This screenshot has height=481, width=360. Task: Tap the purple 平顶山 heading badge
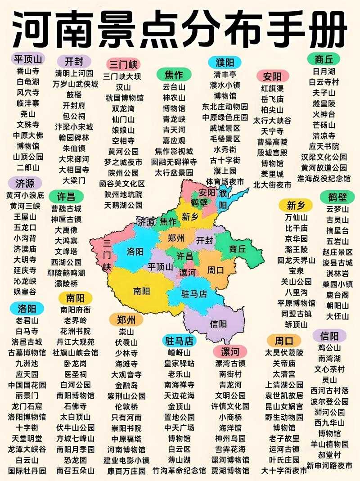pyautogui.click(x=28, y=59)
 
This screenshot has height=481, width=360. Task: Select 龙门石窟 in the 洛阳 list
pyautogui.click(x=27, y=406)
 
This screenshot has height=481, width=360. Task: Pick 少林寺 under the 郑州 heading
pyautogui.click(x=126, y=353)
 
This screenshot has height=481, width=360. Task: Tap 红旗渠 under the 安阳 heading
pyautogui.click(x=272, y=88)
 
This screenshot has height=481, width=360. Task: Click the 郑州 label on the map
pyautogui.click(x=176, y=238)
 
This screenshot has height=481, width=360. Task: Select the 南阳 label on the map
pyautogui.click(x=141, y=291)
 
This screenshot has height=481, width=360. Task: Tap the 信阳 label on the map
pyautogui.click(x=219, y=324)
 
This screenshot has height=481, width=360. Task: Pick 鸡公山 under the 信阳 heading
pyautogui.click(x=330, y=347)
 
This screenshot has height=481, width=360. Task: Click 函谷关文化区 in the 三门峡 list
pyautogui.click(x=122, y=184)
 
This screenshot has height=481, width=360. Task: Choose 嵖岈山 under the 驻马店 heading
pyautogui.click(x=179, y=352)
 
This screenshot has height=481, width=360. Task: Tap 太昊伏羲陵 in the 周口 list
pyautogui.click(x=284, y=352)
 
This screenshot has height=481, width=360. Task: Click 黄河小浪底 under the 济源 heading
pyautogui.click(x=25, y=195)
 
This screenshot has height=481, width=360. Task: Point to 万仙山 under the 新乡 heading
pyautogui.click(x=295, y=217)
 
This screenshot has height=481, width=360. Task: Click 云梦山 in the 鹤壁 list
pyautogui.click(x=337, y=209)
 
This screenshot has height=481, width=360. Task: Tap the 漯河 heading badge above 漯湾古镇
pyautogui.click(x=230, y=351)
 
